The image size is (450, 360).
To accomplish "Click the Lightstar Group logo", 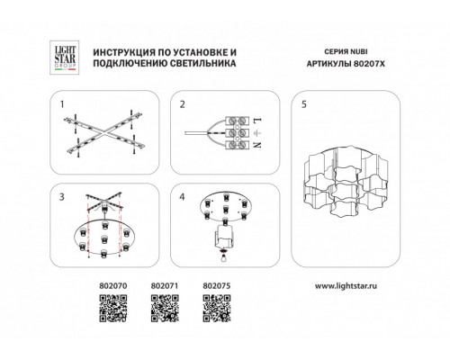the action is pyautogui.click(x=64, y=58).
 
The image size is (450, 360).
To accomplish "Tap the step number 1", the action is pyautogui.click(x=62, y=104).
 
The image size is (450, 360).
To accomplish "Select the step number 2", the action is pyautogui.click(x=183, y=104).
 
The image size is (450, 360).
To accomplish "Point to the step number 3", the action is pyautogui.click(x=62, y=197).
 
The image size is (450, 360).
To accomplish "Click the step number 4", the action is pyautogui.click(x=182, y=197).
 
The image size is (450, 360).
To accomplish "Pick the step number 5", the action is pyautogui.click(x=304, y=104).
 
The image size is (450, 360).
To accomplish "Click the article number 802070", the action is pyautogui.click(x=113, y=286).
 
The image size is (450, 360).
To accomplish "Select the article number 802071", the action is pyautogui.click(x=165, y=286).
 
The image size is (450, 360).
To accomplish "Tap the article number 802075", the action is pyautogui.click(x=217, y=286).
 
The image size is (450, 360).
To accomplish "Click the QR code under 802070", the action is pyautogui.click(x=113, y=309).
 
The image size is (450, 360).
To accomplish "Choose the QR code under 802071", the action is pyautogui.click(x=165, y=309).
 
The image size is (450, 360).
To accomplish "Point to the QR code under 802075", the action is pyautogui.click(x=217, y=309).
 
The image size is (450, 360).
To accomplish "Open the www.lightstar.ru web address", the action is pyautogui.click(x=346, y=286).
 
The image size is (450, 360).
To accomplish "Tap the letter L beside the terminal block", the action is pyautogui.click(x=258, y=121).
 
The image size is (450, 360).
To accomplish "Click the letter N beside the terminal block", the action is pyautogui.click(x=258, y=144).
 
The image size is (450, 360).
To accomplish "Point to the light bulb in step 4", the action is pyautogui.click(x=223, y=257).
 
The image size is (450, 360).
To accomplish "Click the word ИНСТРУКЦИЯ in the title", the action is pyautogui.click(x=122, y=52).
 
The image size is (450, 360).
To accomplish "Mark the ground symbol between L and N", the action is pyautogui.click(x=259, y=132).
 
